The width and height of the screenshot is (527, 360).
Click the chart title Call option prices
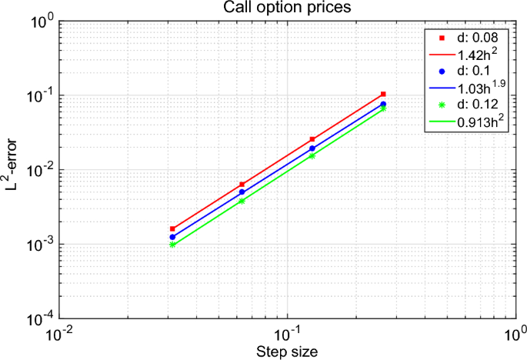tap(286, 8)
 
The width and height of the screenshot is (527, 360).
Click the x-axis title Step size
tap(286, 350)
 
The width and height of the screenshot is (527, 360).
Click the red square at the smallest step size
tap(172, 229)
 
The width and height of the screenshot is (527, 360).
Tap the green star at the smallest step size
tap(172, 245)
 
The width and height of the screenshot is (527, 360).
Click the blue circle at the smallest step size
tap(172, 237)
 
